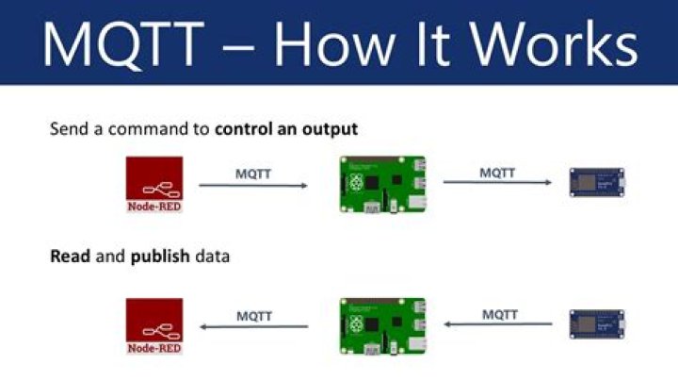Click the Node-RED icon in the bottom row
point(154,326)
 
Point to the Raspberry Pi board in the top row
point(382,185)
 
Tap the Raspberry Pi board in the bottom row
point(382,326)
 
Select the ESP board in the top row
point(596,181)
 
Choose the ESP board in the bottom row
point(596,324)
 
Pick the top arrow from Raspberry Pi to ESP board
point(498,183)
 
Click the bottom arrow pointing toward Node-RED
point(255,327)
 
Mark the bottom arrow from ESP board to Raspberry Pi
point(498,324)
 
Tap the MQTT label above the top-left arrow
point(252,173)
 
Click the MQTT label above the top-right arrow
point(498,172)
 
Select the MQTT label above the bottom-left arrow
point(254,315)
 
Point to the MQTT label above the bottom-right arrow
point(500,313)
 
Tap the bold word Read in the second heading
point(70,256)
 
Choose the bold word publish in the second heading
point(159,256)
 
